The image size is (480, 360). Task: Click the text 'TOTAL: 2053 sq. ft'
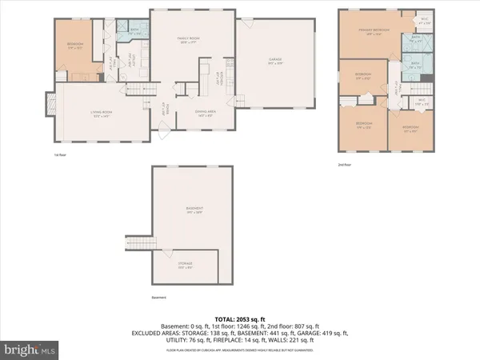pyautogui.click(x=239, y=317)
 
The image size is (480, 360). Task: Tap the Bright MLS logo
pyautogui.click(x=30, y=350)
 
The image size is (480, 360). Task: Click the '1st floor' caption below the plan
pyautogui.click(x=61, y=154)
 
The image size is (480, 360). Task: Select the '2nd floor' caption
pyautogui.click(x=344, y=165)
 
